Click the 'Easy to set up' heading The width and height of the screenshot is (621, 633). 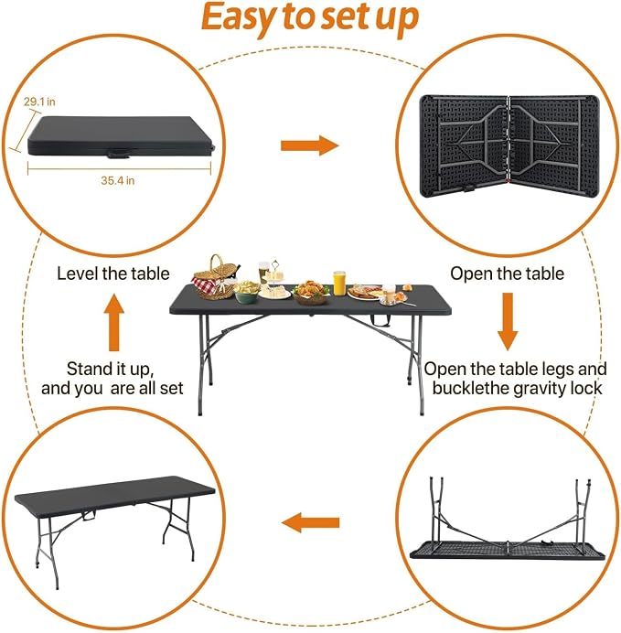coord(310,18)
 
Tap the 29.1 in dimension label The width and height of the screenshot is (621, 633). coord(39,102)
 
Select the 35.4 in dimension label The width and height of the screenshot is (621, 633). coord(117,180)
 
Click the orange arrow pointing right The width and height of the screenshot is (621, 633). coord(310,145)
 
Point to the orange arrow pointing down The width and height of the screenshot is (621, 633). coord(508,322)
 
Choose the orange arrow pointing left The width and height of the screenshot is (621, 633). coord(310,523)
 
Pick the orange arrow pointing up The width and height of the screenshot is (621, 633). coord(113,322)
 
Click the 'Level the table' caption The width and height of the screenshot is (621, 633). coord(113,274)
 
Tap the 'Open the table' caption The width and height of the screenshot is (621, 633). coord(508,274)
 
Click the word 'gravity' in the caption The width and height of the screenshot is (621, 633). coord(533,389)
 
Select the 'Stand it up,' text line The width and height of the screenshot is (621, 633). coord(110,370)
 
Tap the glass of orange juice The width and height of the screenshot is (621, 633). coord(339,283)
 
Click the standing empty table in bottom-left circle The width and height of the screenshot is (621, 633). coord(115,525)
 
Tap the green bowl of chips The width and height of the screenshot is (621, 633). coord(247,293)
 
